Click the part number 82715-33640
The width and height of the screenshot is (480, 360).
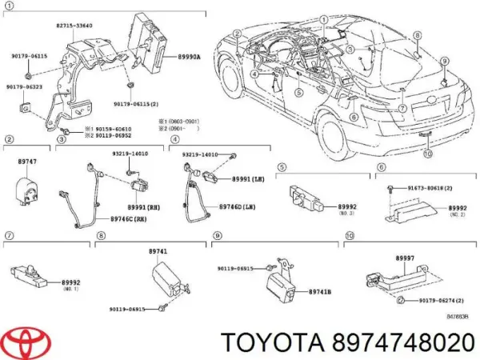[74, 26]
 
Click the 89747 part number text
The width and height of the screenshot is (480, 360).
[28, 162]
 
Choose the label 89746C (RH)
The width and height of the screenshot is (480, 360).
[127, 218]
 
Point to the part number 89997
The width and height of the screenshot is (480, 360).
[406, 258]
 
